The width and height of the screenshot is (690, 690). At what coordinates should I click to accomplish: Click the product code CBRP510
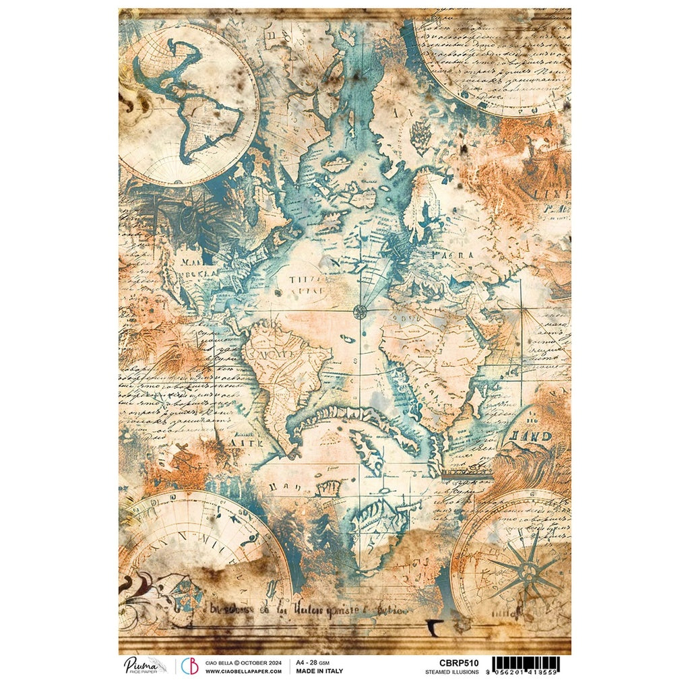453,662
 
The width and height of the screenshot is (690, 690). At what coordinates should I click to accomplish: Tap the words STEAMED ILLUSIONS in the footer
452,672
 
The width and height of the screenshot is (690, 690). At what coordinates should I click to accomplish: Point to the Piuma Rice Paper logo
144,666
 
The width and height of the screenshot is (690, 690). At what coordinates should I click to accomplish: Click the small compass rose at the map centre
360,311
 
